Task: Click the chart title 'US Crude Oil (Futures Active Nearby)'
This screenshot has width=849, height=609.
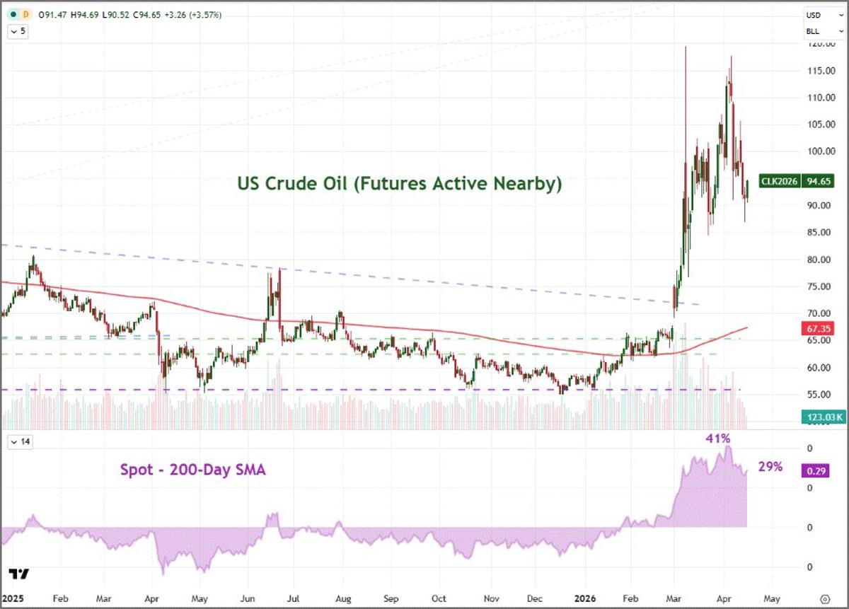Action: (400, 184)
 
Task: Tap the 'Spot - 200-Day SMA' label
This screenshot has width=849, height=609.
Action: (193, 469)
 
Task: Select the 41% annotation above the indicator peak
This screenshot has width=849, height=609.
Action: (718, 439)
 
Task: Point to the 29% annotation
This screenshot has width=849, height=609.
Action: (770, 467)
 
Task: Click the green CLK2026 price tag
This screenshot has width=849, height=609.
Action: (779, 181)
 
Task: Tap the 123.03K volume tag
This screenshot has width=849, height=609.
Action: (821, 417)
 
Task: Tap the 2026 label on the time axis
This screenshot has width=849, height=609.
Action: (589, 597)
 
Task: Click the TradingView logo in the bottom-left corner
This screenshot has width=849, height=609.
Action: (18, 574)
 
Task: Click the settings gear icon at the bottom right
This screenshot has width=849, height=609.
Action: (824, 597)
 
